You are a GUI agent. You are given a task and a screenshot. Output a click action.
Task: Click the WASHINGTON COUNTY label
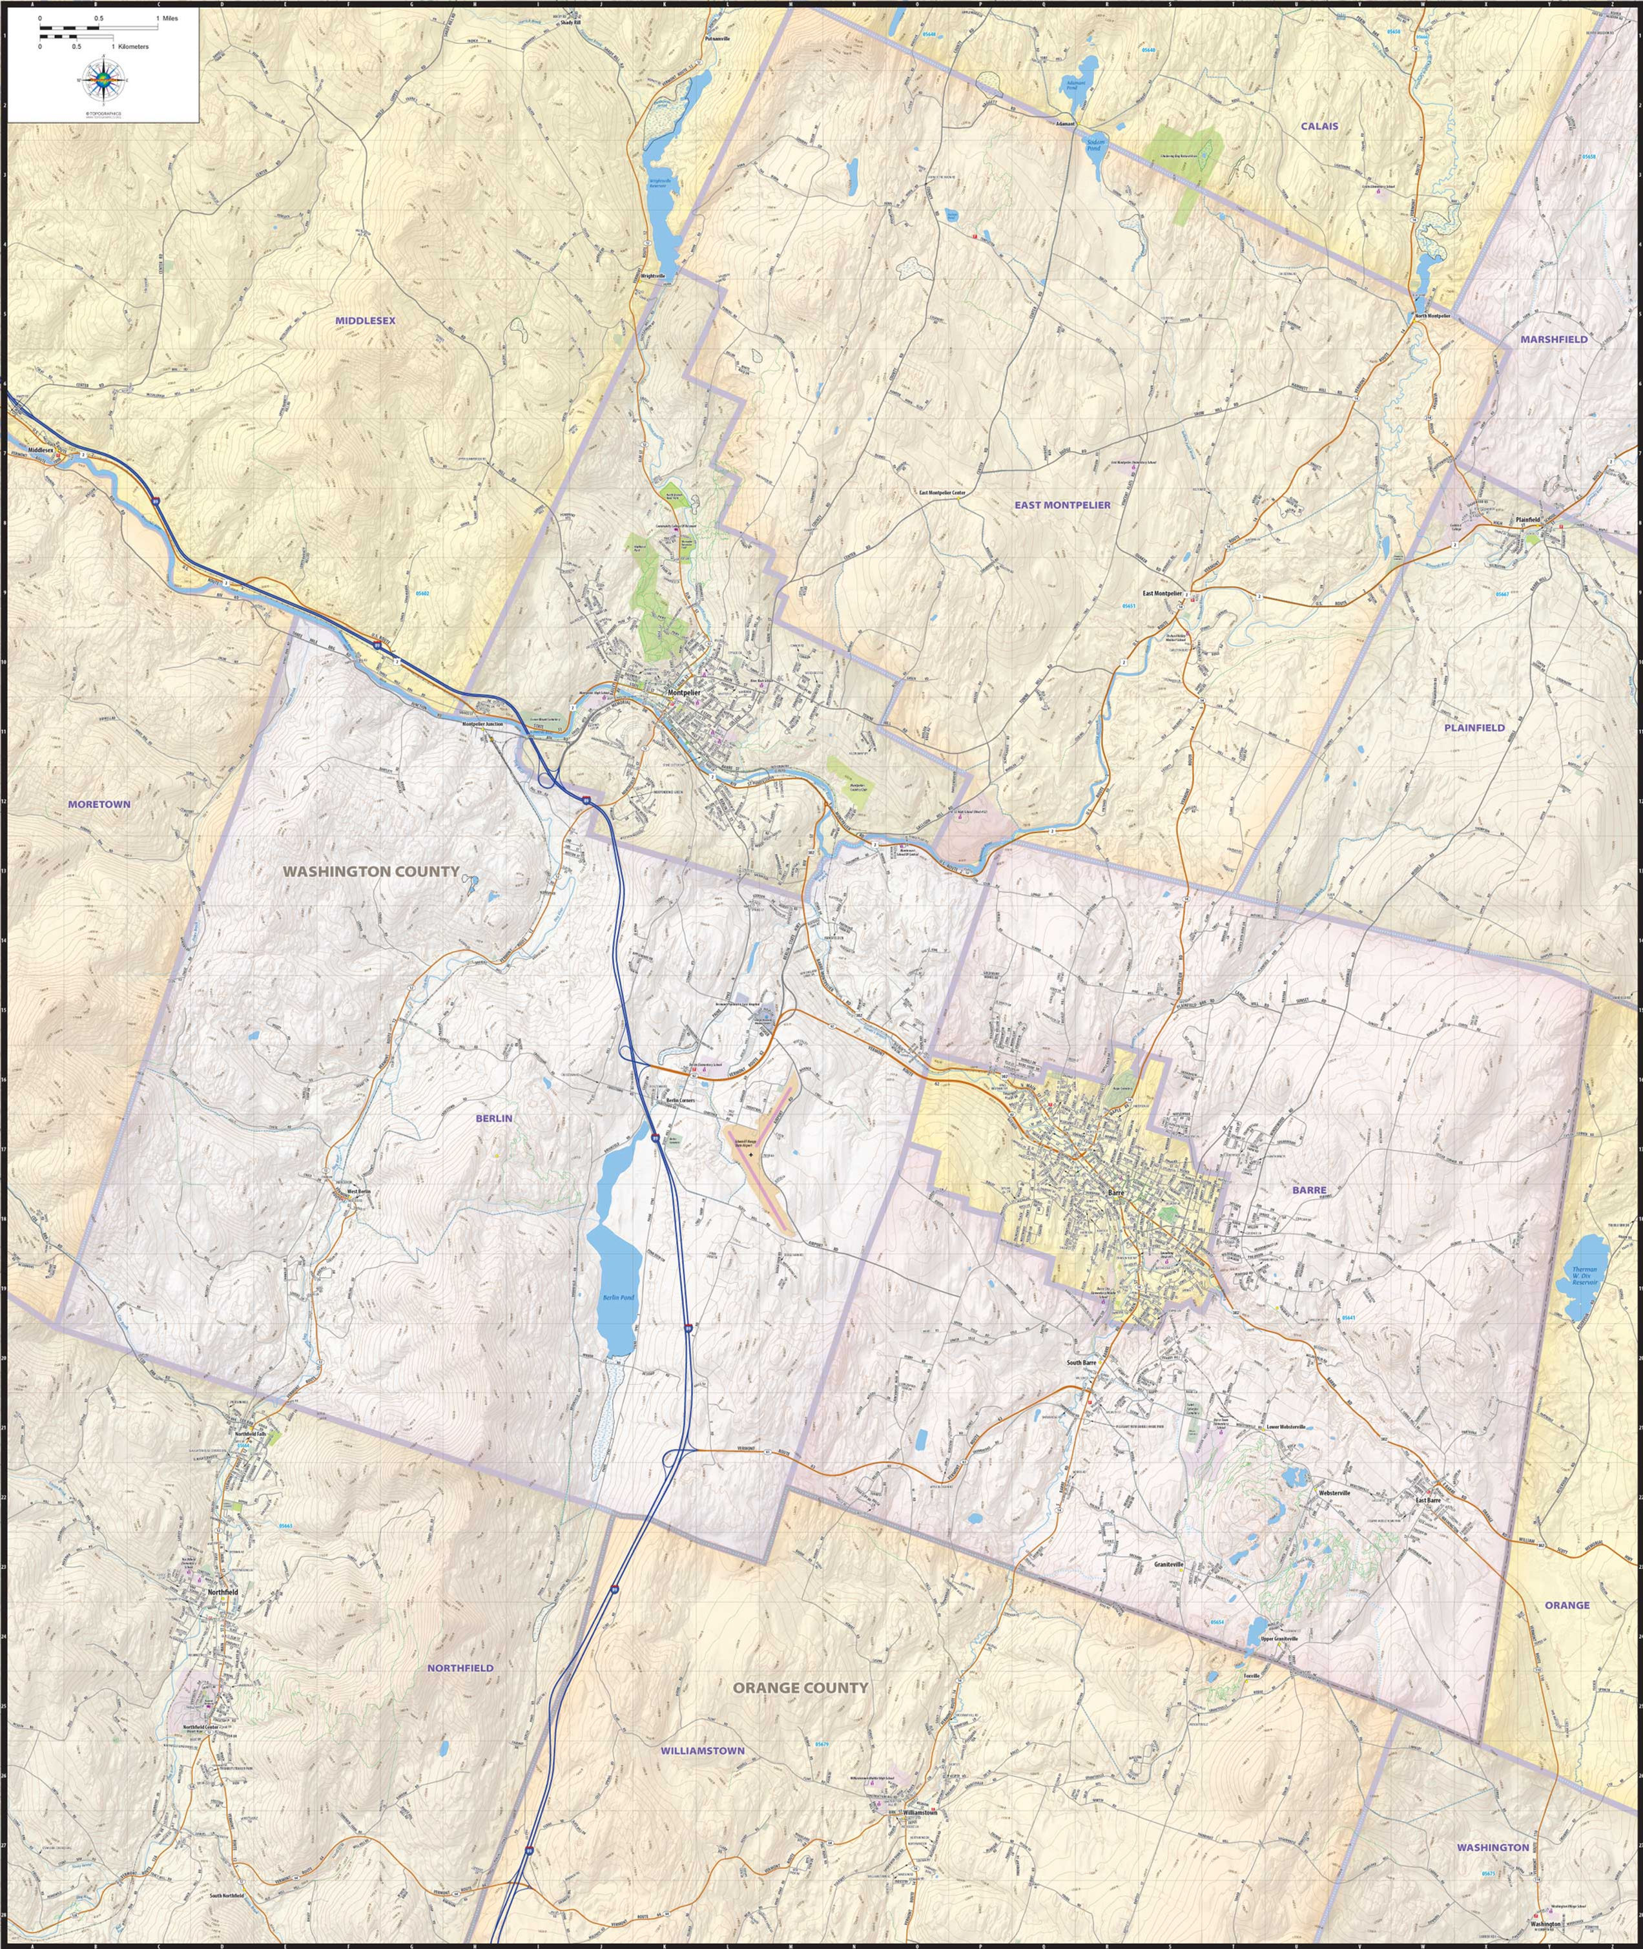tap(371, 871)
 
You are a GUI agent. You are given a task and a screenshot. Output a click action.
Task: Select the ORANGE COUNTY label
tap(800, 1687)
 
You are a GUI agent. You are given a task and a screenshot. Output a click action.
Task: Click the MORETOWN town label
tap(99, 804)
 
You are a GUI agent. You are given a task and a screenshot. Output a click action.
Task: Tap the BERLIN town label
tap(493, 1118)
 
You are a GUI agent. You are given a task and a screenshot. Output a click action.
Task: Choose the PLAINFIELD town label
tap(1474, 727)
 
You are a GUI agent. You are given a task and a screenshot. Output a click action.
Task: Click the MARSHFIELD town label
tap(1554, 339)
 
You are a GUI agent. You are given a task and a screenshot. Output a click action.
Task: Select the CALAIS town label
tap(1320, 125)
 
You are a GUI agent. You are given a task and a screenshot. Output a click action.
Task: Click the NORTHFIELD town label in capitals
tap(460, 1667)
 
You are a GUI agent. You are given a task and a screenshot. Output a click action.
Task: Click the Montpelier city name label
tap(685, 693)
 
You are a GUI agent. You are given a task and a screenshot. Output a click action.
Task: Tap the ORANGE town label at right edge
tap(1567, 1605)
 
